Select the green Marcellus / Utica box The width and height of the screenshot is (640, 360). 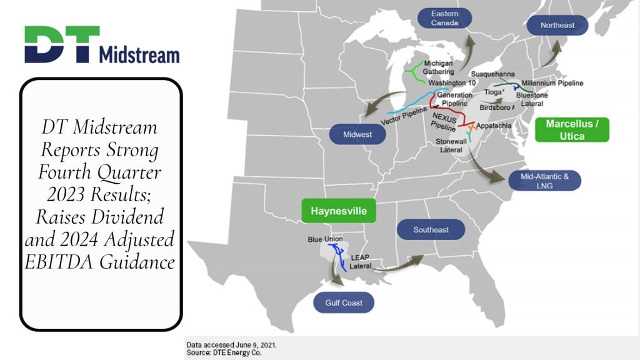(x=572, y=129)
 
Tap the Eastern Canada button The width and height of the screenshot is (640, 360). (x=444, y=18)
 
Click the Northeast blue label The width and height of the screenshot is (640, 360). (x=557, y=26)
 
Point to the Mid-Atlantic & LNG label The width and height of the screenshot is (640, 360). (x=545, y=181)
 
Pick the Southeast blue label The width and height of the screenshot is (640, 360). (x=431, y=230)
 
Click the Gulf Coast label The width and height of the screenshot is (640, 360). (x=344, y=303)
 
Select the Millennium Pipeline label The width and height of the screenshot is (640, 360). (x=552, y=83)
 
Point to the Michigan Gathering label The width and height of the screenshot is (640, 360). (x=438, y=67)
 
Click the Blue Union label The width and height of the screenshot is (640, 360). (x=323, y=239)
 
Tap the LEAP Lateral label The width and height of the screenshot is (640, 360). (x=361, y=262)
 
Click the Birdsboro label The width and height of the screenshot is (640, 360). (x=494, y=107)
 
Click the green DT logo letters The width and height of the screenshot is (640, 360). (x=61, y=44)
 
